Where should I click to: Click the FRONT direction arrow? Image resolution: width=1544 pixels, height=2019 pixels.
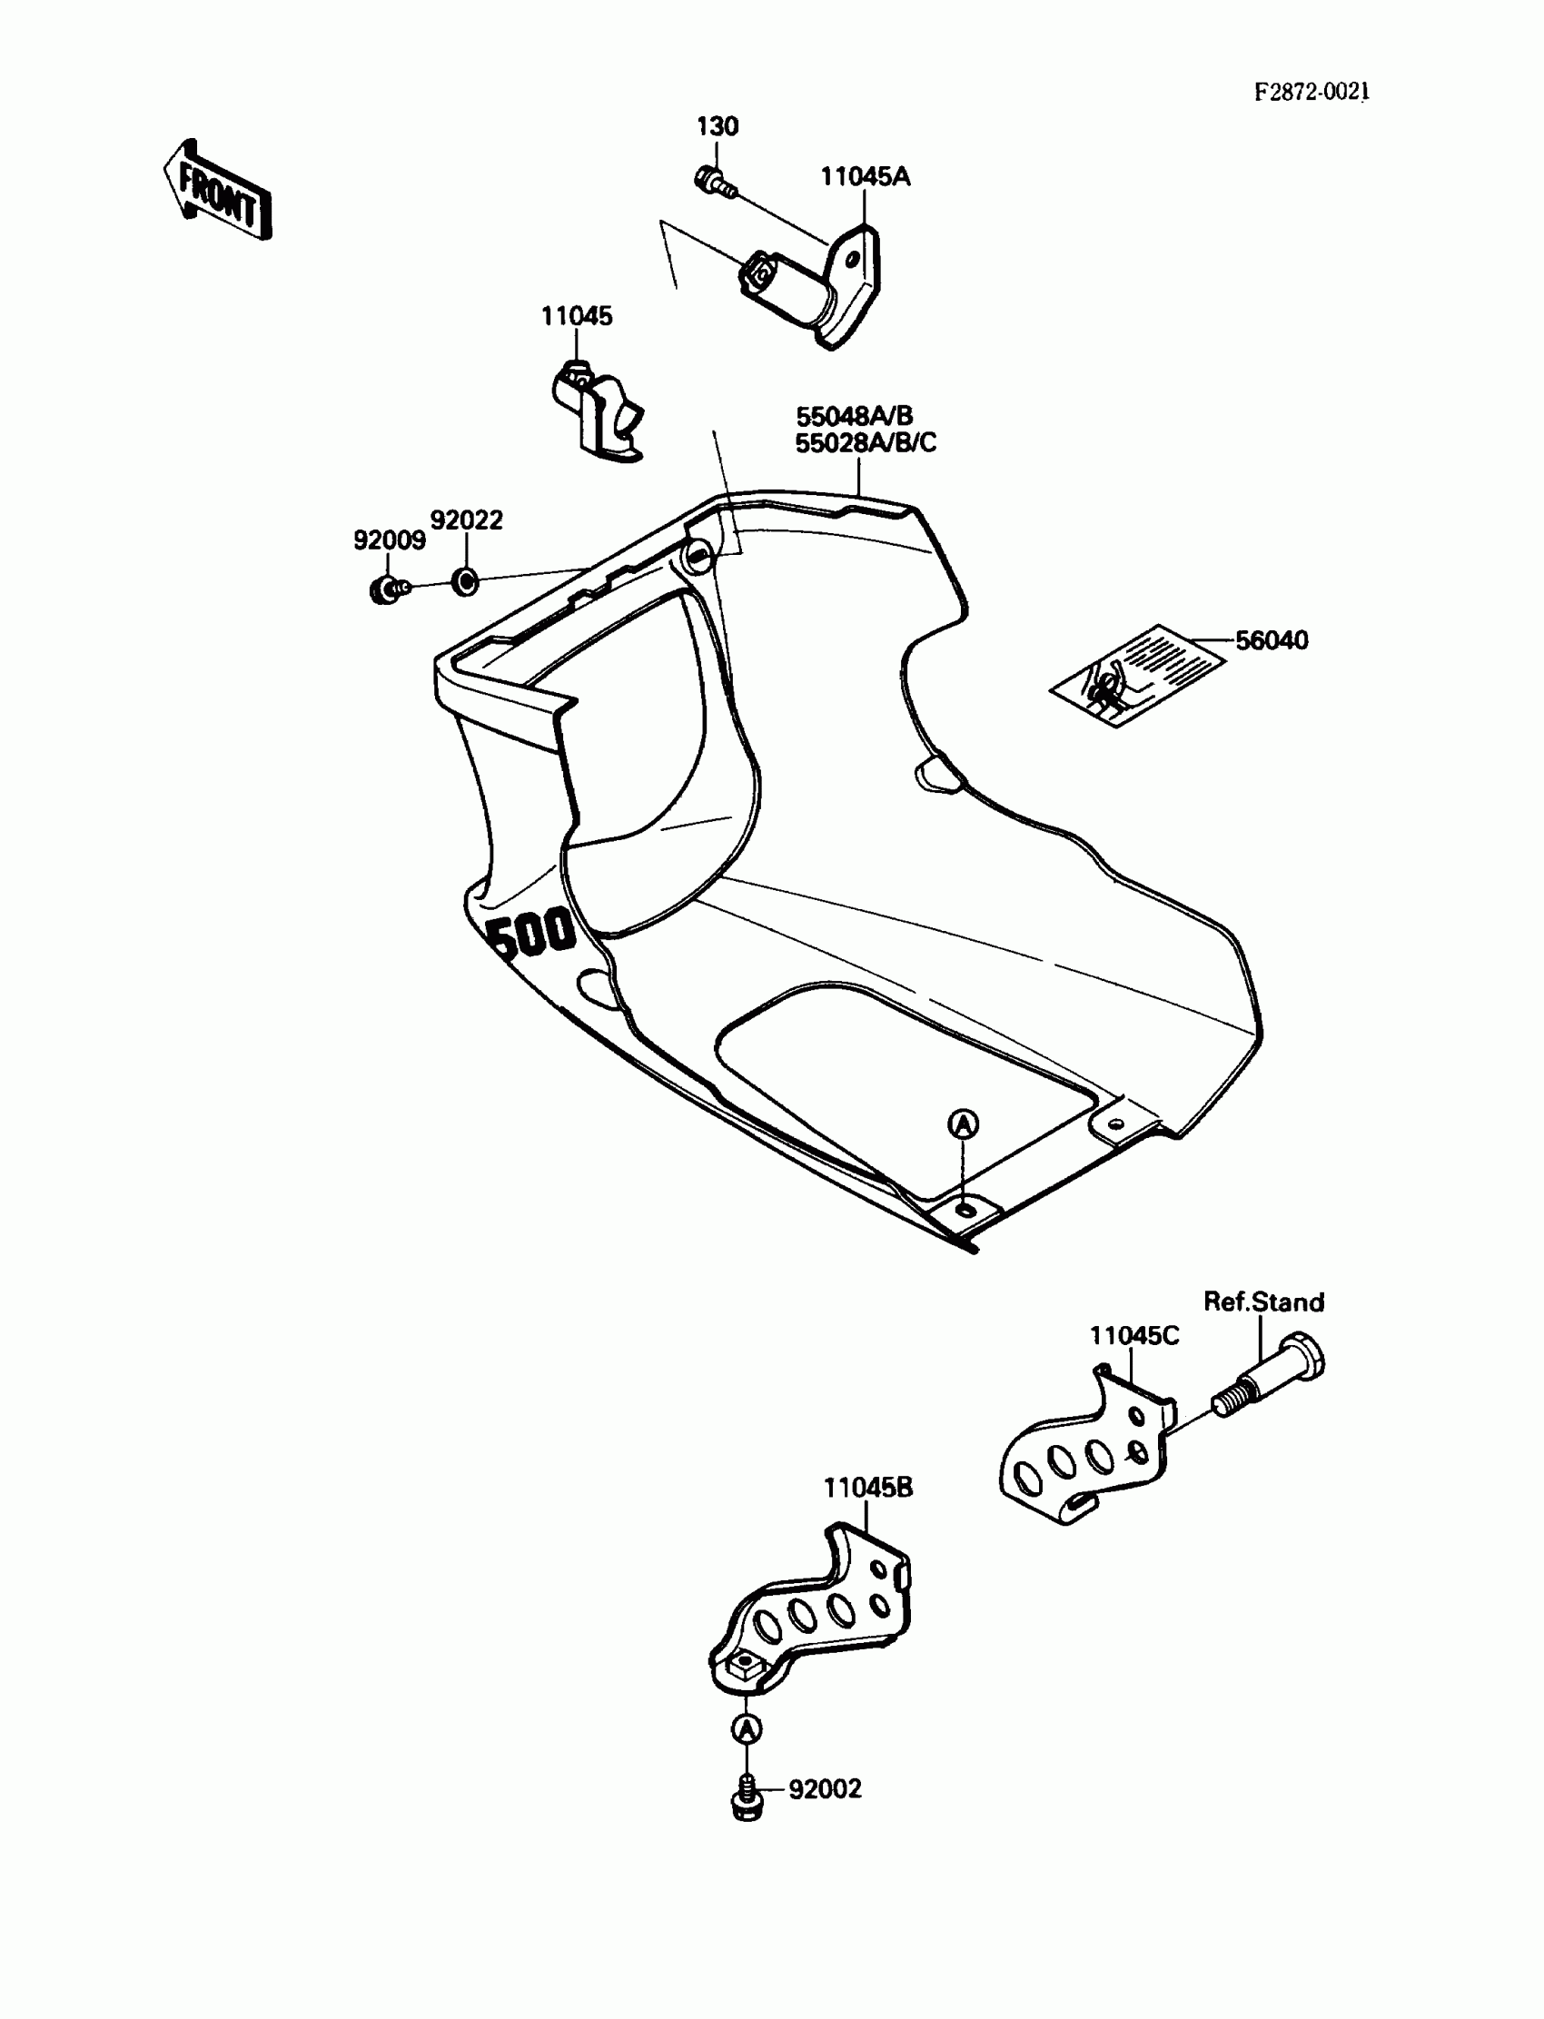click(x=218, y=191)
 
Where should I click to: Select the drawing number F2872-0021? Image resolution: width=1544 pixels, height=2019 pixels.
click(x=1311, y=91)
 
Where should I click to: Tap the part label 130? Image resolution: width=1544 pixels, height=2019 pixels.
click(x=717, y=126)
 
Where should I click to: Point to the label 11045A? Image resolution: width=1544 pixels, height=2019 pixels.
click(x=864, y=176)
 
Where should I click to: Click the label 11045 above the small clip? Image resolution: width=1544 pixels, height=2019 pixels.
click(x=576, y=316)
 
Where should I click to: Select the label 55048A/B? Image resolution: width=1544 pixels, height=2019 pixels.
click(x=854, y=415)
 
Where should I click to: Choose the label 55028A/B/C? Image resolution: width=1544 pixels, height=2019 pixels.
click(x=865, y=443)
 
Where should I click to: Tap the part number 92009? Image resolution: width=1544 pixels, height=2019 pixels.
click(x=389, y=540)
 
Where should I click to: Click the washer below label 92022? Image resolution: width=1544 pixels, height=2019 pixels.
click(x=466, y=580)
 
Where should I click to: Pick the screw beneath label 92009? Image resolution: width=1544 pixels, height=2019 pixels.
click(x=386, y=589)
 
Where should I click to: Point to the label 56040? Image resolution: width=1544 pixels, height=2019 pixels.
click(x=1271, y=639)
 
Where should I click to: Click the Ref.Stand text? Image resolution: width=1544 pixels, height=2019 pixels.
click(x=1263, y=1301)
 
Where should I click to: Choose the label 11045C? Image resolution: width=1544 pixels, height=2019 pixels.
click(x=1134, y=1335)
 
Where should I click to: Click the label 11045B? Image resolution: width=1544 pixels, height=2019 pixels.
click(x=867, y=1487)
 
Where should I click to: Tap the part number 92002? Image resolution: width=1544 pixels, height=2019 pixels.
click(x=825, y=1788)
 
